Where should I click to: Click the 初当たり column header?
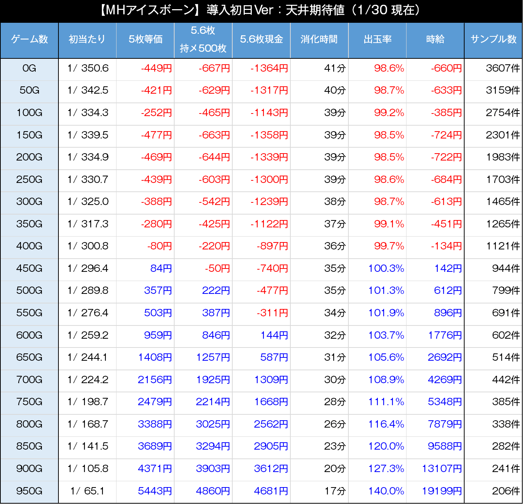click(x=87, y=39)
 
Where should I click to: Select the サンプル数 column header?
click(x=493, y=39)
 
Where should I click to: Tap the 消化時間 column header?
click(x=319, y=39)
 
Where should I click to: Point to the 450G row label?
click(x=29, y=269)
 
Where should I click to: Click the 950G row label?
click(x=29, y=491)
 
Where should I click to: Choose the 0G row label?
click(x=29, y=68)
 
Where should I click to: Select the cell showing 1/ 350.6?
click(x=88, y=68)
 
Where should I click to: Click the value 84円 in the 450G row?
click(x=161, y=269)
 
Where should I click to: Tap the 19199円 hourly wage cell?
click(x=441, y=491)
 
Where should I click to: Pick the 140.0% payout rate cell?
click(x=386, y=491)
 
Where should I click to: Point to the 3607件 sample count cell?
click(x=502, y=68)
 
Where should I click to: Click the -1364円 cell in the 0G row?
click(x=269, y=68)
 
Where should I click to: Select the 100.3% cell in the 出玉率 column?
click(x=386, y=269)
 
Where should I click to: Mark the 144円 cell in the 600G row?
click(x=274, y=335)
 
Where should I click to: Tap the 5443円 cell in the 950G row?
click(x=155, y=491)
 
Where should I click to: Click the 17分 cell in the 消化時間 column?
click(x=335, y=491)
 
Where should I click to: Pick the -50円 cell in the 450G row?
click(x=217, y=269)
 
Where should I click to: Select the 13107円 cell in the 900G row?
click(x=441, y=469)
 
